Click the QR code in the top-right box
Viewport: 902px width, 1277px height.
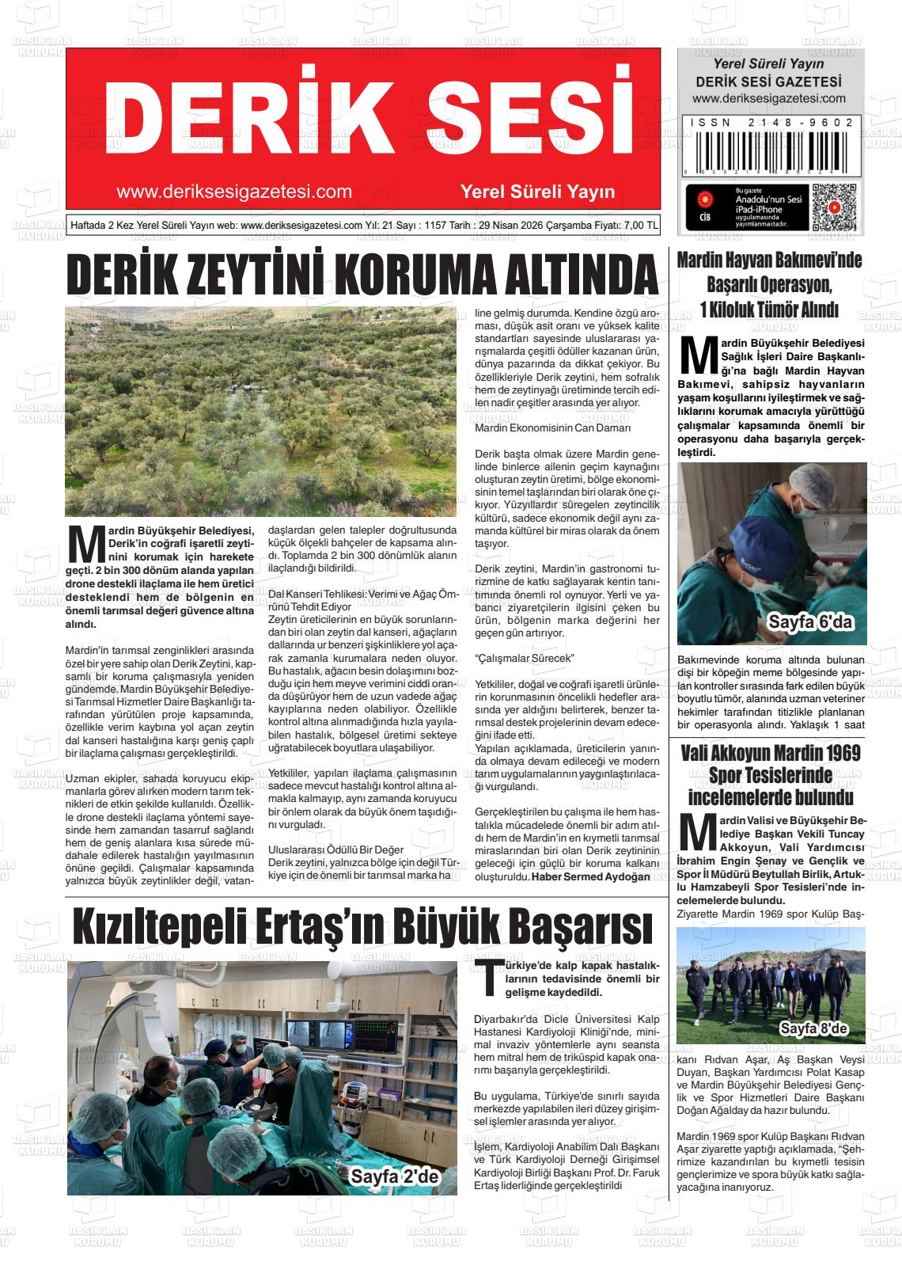(x=834, y=207)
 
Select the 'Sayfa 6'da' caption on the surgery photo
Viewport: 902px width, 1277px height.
(x=809, y=623)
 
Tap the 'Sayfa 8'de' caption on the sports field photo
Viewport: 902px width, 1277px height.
(x=813, y=1029)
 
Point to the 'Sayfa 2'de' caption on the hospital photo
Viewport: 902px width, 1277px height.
(x=393, y=1177)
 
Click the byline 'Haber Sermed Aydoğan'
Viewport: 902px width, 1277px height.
(x=590, y=876)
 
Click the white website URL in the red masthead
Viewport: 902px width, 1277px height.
(x=233, y=192)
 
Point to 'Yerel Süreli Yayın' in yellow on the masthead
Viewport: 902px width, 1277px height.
(x=537, y=192)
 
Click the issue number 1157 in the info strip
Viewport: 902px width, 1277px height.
(x=435, y=225)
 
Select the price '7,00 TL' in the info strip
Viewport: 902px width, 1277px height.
(x=640, y=225)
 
